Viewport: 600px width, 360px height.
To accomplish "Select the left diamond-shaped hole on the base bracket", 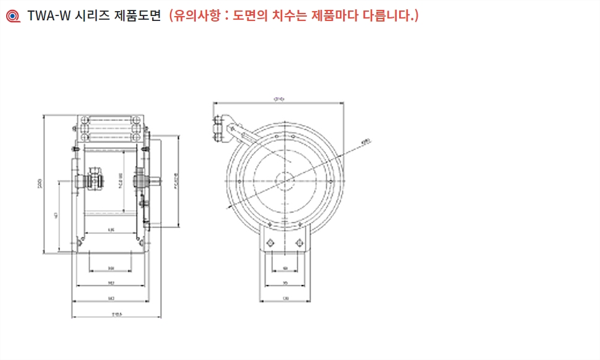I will coord(270,242).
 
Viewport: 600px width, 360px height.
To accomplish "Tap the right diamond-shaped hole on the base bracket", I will coord(300,242).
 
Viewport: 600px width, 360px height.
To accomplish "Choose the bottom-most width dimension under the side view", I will coord(116,314).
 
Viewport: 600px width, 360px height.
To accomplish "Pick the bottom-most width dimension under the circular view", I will coord(285,298).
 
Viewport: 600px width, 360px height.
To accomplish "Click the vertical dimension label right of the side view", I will coord(176,182).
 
